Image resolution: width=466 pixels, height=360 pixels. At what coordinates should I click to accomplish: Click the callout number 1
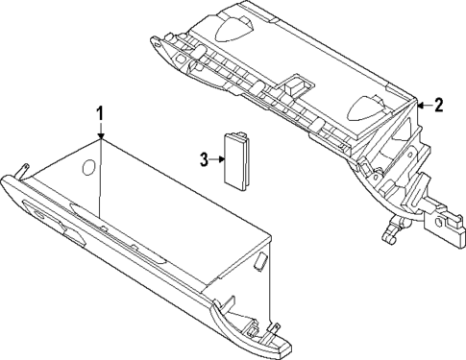pos(98,116)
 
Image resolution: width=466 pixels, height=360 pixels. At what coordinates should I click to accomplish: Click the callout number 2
pos(438,106)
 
